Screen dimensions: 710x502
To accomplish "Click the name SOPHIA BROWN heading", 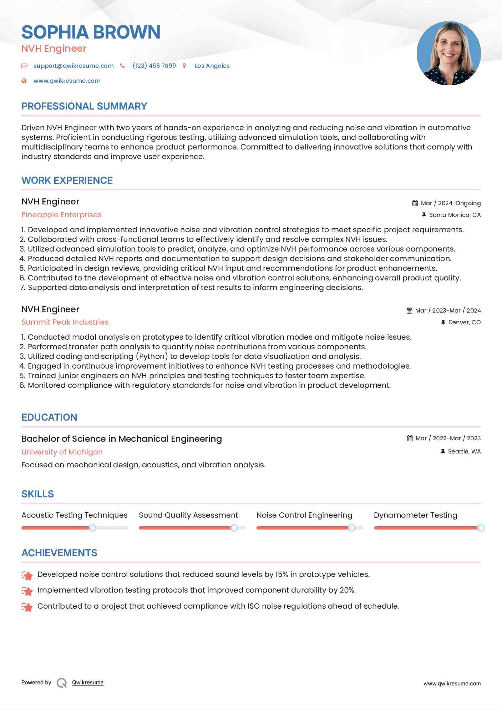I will pyautogui.click(x=91, y=32).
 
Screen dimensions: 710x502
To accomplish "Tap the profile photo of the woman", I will pyautogui.click(x=448, y=54).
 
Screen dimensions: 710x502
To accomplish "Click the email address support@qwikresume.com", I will pyautogui.click(x=73, y=66).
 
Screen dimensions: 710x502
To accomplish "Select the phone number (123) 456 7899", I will pyautogui.click(x=154, y=66).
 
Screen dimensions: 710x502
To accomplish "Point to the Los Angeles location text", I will pyautogui.click(x=212, y=66).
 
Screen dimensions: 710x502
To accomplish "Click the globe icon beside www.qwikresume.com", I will pyautogui.click(x=24, y=81).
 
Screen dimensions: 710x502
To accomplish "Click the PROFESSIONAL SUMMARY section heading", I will pyautogui.click(x=84, y=106).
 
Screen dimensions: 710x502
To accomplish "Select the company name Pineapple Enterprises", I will pyautogui.click(x=61, y=215).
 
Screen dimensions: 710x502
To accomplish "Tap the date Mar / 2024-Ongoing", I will pyautogui.click(x=451, y=203).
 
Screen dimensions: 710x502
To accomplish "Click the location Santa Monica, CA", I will pyautogui.click(x=455, y=215).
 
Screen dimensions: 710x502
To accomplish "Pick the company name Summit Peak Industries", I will pyautogui.click(x=65, y=322).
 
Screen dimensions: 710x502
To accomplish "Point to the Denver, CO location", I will pyautogui.click(x=464, y=322).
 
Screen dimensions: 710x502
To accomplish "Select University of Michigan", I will pyautogui.click(x=62, y=452).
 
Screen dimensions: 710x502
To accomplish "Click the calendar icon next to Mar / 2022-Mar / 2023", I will pyautogui.click(x=410, y=438).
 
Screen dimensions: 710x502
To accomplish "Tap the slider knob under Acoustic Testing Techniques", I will pyautogui.click(x=92, y=528).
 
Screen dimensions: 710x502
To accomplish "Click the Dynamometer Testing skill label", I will pyautogui.click(x=415, y=515).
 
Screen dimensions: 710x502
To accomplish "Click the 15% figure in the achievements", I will pyautogui.click(x=282, y=574).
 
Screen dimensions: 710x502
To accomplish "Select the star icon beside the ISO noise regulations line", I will pyautogui.click(x=27, y=607).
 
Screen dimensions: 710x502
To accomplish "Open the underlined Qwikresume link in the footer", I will pyautogui.click(x=88, y=683).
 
